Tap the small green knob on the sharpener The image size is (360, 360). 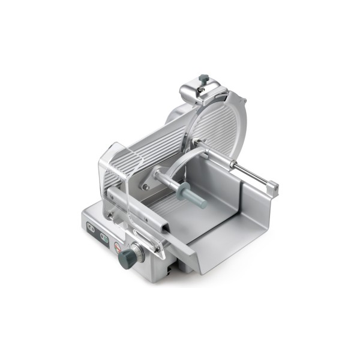tap(204, 78)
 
